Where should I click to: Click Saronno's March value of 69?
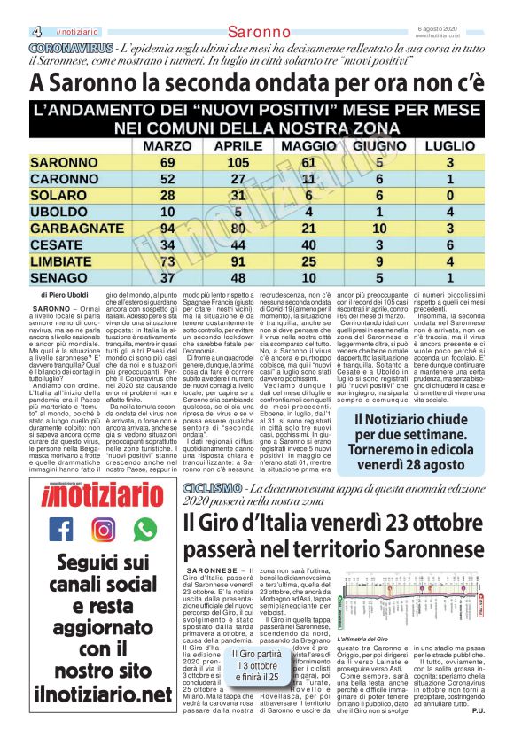point(167,163)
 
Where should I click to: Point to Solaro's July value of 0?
point(450,196)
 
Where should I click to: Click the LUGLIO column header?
point(449,145)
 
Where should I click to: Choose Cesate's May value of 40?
point(308,245)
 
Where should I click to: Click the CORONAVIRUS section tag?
point(70,46)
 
